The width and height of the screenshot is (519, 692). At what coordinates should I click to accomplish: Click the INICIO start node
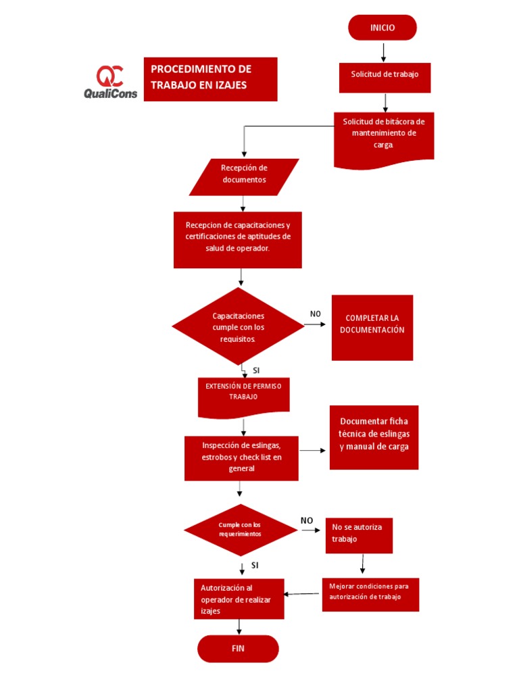point(382,28)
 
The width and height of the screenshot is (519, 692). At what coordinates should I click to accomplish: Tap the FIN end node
point(238,649)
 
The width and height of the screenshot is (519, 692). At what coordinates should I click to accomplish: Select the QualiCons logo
point(110,82)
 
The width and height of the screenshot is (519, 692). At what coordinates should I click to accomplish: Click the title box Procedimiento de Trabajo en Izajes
point(210,78)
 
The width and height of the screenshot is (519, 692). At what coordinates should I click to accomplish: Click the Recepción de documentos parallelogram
point(244,176)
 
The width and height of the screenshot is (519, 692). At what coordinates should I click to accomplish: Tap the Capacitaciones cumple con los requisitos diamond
point(238,326)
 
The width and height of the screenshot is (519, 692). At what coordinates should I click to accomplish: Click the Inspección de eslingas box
point(241,458)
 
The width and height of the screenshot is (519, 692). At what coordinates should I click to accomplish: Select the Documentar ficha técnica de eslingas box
point(374,437)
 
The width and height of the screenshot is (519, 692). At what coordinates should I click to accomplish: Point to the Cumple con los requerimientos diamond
point(240,530)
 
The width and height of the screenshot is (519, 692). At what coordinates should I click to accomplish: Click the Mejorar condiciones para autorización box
point(370,594)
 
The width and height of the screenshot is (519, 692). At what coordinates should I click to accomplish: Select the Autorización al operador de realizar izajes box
point(237,598)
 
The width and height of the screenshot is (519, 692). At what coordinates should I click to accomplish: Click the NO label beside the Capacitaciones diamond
point(316,314)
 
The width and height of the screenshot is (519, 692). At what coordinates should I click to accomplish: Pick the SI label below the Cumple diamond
point(255,565)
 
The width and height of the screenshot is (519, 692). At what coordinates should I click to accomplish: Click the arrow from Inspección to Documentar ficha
point(313,450)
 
